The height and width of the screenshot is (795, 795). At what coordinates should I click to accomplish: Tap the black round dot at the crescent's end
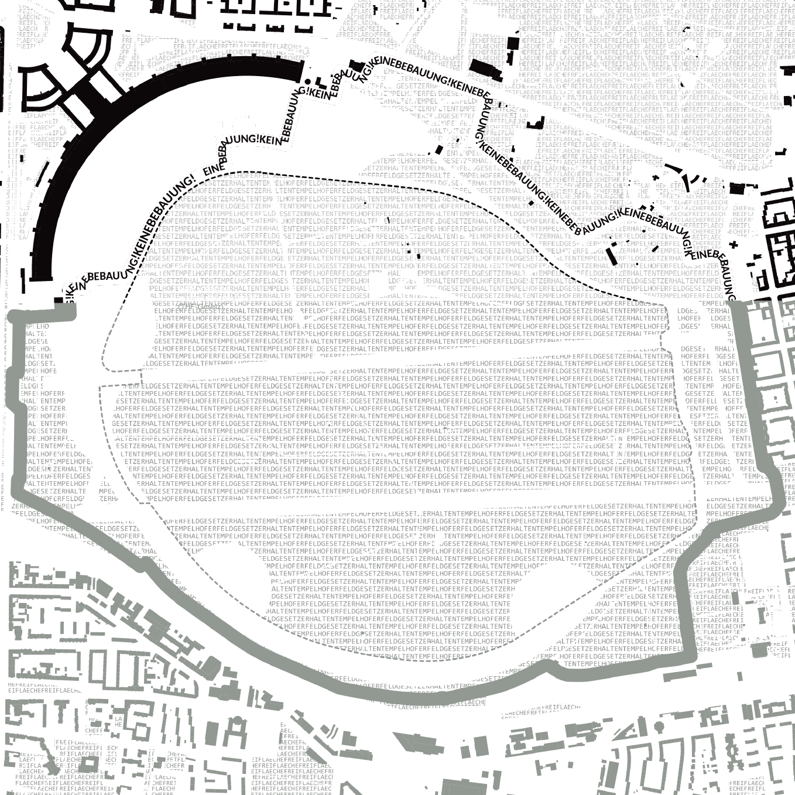[x=309, y=82]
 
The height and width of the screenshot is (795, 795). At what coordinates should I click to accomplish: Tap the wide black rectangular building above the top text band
[x=486, y=68]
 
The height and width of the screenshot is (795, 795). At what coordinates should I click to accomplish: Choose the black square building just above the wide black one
[x=513, y=44]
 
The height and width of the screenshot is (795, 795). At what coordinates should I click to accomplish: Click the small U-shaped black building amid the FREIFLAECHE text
[x=536, y=123]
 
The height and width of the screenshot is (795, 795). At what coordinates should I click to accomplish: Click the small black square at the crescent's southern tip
[x=59, y=300]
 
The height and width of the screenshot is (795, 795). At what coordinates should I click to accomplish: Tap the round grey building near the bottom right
[x=659, y=727]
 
